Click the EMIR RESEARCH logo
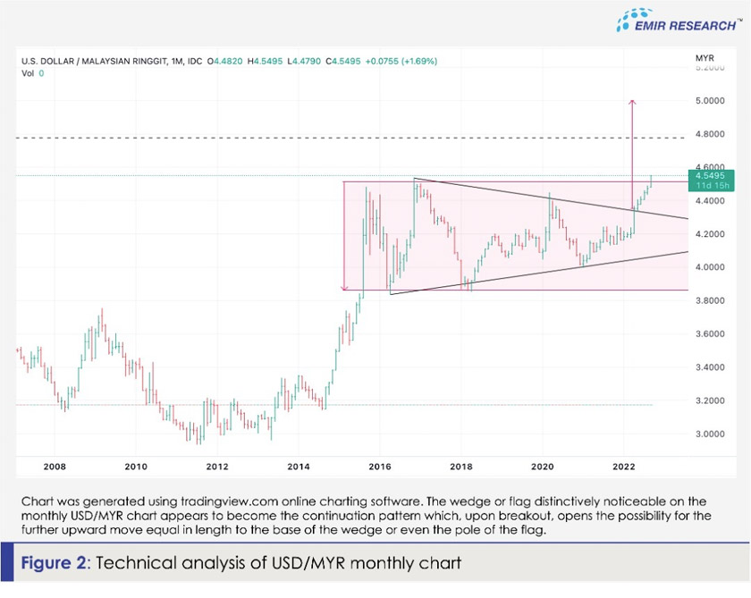point(679,21)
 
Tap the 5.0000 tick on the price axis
point(710,101)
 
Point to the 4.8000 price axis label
point(710,134)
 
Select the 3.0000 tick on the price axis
point(710,434)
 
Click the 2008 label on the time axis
point(55,467)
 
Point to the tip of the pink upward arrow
point(633,101)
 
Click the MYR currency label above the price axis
point(704,59)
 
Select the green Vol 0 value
point(41,73)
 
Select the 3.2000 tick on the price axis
point(710,400)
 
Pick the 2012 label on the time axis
point(216,467)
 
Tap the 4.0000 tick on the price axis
point(710,267)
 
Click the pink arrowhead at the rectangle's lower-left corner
point(345,288)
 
